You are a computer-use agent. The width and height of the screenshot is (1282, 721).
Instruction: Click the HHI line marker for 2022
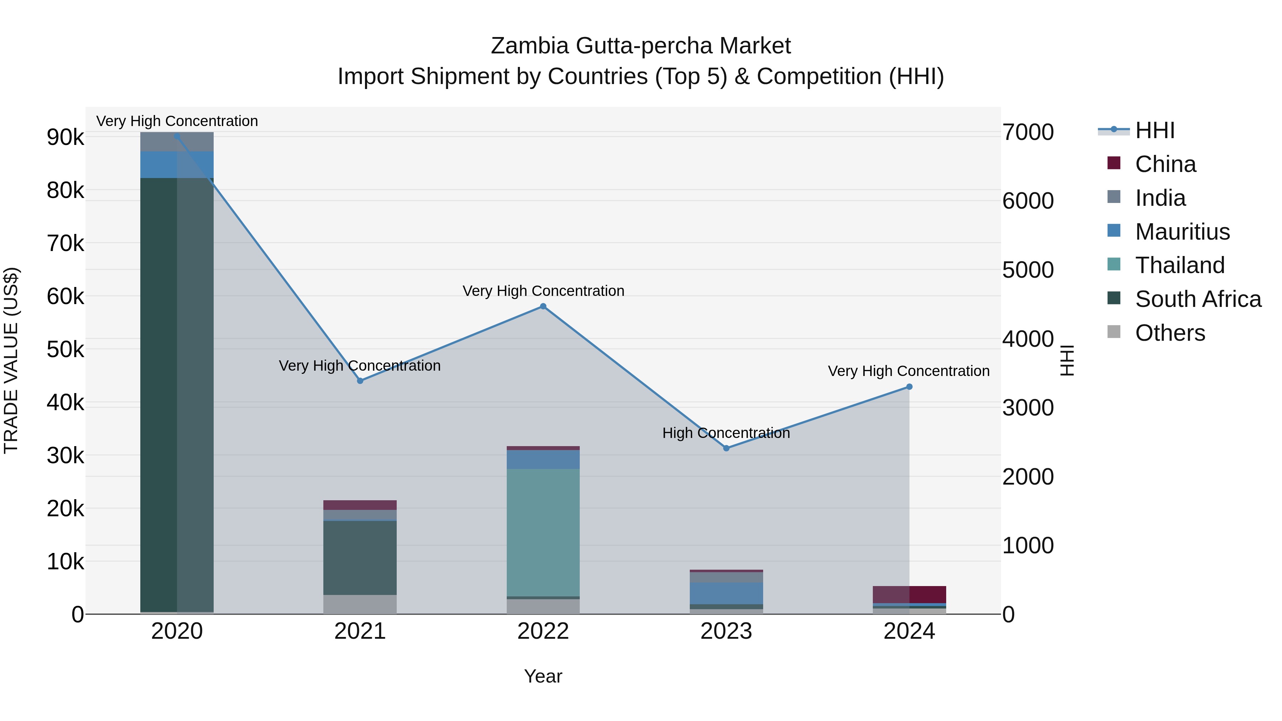point(543,307)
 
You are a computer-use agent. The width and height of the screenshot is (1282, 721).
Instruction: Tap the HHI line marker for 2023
point(726,448)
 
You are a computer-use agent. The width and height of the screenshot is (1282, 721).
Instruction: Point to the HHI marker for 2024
point(909,387)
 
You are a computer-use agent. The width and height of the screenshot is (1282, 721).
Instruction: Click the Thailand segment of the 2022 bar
point(543,532)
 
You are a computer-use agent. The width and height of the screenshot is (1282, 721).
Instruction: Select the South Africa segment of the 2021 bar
point(360,557)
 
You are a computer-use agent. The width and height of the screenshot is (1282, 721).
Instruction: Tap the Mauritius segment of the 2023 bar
point(726,593)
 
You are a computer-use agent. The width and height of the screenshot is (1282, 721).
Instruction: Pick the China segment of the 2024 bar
point(909,594)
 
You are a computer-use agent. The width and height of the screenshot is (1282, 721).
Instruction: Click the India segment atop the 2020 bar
point(177,142)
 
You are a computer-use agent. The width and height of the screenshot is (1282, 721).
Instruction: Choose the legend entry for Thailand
point(1179,265)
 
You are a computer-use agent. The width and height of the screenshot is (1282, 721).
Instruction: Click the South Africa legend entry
point(1198,299)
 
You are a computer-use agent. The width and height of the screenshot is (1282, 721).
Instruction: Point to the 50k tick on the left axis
point(65,349)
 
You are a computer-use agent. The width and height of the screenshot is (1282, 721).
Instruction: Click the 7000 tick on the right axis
point(1028,132)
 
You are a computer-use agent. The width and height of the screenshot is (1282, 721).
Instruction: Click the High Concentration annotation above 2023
point(726,433)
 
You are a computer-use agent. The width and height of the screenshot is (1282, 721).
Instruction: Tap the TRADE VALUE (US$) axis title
point(11,360)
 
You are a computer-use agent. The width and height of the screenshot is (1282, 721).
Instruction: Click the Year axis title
point(543,676)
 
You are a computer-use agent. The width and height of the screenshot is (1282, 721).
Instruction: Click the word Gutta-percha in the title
point(644,46)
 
